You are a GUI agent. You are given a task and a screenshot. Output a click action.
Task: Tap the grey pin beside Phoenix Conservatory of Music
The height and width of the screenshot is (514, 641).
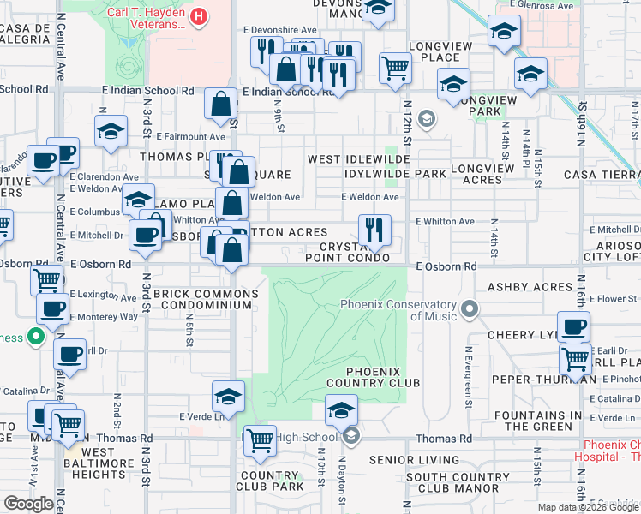[x=467, y=307]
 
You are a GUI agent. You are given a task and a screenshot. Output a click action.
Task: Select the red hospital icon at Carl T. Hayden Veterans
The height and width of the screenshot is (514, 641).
[x=199, y=15]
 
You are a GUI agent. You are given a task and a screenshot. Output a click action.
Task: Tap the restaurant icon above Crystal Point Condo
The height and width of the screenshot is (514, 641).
[x=374, y=229]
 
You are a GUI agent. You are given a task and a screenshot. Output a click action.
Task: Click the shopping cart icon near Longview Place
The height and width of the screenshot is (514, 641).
[x=394, y=68]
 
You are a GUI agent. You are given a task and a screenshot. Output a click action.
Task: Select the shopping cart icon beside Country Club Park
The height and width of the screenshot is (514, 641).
[x=260, y=440]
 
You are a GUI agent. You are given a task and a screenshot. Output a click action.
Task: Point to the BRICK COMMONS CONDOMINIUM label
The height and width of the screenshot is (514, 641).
[x=203, y=299]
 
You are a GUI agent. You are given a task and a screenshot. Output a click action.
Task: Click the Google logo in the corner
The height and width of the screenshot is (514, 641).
[x=28, y=503]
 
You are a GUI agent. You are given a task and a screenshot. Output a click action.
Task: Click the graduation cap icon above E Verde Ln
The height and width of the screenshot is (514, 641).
[x=229, y=397]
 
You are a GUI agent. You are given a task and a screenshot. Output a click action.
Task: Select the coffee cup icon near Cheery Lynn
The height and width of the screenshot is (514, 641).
[x=573, y=326]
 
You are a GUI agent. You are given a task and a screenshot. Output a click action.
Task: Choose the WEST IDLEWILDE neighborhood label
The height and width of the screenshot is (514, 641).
[x=358, y=159]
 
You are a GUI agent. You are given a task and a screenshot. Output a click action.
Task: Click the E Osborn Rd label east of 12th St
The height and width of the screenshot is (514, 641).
[x=446, y=266]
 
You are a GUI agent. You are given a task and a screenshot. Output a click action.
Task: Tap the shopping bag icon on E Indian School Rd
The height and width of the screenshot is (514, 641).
[x=221, y=104]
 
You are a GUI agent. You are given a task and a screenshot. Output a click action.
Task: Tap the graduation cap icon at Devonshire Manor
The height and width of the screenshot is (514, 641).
[x=375, y=9]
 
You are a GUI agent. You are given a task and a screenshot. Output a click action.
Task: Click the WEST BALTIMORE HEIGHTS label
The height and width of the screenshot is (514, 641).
[x=99, y=463]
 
